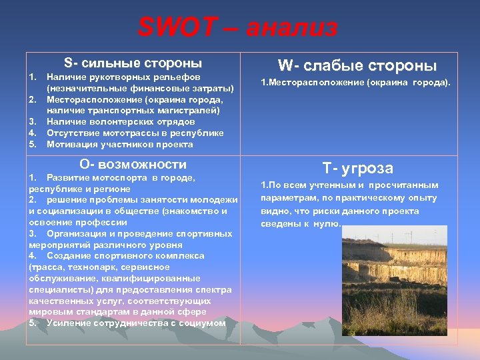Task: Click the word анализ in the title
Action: (292, 29)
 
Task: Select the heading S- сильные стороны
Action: (133, 63)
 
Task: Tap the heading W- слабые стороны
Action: (357, 65)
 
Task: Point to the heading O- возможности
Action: (133, 164)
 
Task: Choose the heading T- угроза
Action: (357, 168)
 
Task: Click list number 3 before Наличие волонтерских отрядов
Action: (32, 121)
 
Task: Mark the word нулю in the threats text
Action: (327, 224)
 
